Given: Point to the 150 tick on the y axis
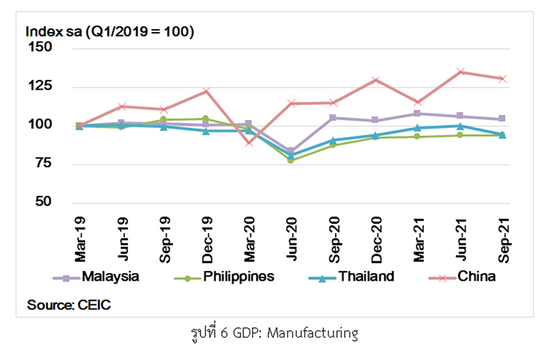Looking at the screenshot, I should (x=40, y=48).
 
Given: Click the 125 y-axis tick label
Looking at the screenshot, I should (x=40, y=86).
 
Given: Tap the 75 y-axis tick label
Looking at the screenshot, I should (x=43, y=163).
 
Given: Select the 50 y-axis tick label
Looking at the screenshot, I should (x=43, y=202).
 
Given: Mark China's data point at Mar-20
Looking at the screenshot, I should (x=249, y=142).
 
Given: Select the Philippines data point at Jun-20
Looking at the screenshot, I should (x=291, y=160).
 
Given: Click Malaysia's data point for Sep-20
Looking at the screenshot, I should (x=333, y=117).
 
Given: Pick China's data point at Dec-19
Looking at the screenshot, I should (x=206, y=91).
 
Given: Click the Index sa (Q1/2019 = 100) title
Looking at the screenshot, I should (x=109, y=32).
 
